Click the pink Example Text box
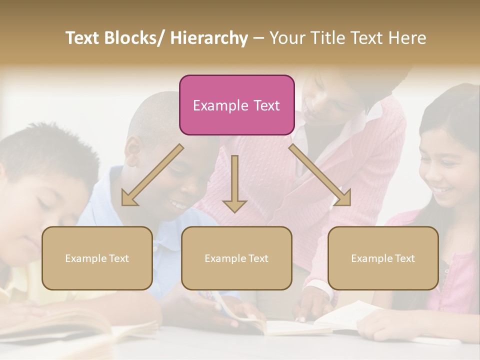tap(236, 105)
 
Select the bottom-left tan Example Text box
tap(97, 258)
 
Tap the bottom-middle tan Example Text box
tap(236, 258)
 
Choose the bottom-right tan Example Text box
tap(383, 258)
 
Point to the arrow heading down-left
tap(152, 175)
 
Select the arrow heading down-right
tap(320, 175)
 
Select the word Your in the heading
tap(286, 38)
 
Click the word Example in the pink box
tap(220, 105)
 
